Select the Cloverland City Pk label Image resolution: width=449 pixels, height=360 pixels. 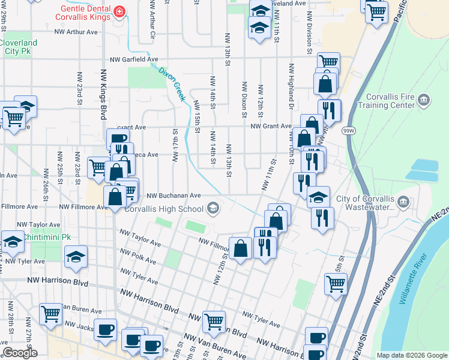(x=19, y=47)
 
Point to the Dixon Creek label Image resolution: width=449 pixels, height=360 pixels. (x=172, y=83)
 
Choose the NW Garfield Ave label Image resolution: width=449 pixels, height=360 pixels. (x=133, y=60)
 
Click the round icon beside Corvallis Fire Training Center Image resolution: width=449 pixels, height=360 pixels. (x=424, y=99)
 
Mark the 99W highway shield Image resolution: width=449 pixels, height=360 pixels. (x=348, y=130)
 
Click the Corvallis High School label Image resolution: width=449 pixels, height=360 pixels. (x=163, y=209)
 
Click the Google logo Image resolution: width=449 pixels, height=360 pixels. (x=19, y=353)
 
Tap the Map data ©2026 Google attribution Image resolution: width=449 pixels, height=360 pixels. (x=411, y=355)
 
